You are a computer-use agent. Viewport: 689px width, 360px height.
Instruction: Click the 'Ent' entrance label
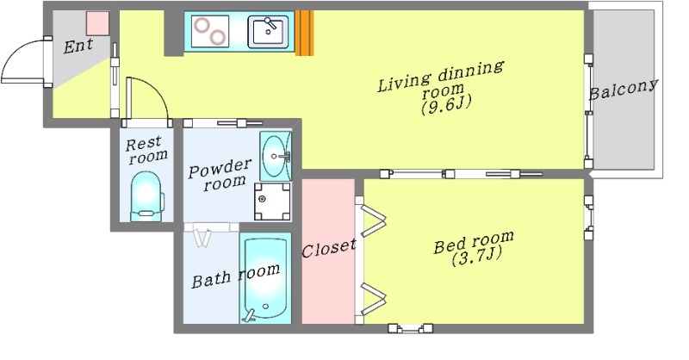[78, 46]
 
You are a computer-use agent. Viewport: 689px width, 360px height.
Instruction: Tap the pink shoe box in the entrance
[97, 23]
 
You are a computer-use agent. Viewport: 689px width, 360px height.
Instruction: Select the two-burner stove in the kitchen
[210, 31]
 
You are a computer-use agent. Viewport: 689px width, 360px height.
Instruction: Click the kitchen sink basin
[268, 32]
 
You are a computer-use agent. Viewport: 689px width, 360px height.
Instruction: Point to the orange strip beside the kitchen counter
[304, 33]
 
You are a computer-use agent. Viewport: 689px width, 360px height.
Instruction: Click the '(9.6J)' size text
[446, 104]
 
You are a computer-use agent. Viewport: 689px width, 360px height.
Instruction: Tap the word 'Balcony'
[624, 90]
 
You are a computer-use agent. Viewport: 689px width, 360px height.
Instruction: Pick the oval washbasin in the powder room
[276, 156]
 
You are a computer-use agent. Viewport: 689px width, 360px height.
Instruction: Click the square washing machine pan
[272, 202]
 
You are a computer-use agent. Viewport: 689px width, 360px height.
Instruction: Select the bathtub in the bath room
[266, 278]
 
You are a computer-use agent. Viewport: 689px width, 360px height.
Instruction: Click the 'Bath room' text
[236, 276]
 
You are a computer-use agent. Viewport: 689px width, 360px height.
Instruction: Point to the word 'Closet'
[329, 248]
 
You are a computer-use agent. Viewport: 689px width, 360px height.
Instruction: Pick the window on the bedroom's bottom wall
[411, 328]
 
